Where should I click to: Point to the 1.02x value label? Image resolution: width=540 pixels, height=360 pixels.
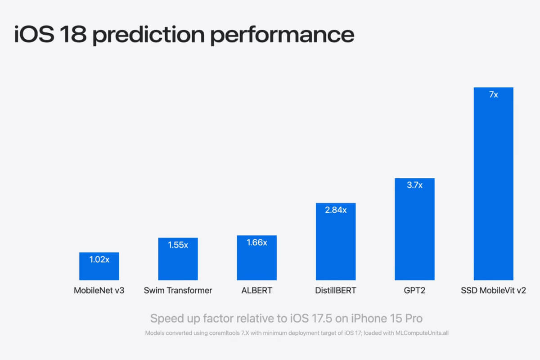pyautogui.click(x=99, y=260)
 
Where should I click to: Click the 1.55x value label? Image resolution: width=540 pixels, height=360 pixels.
pyautogui.click(x=178, y=245)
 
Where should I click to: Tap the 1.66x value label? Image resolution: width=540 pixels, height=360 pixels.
pyautogui.click(x=256, y=243)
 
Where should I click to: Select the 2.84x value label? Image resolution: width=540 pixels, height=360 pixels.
pyautogui.click(x=336, y=210)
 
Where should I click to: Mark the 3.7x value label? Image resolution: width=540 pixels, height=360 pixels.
pyautogui.click(x=414, y=185)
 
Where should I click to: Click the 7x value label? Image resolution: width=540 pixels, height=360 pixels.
pyautogui.click(x=493, y=95)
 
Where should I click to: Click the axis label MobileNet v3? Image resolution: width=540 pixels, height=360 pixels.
pyautogui.click(x=99, y=290)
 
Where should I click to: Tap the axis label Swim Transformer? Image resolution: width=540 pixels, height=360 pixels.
pyautogui.click(x=178, y=290)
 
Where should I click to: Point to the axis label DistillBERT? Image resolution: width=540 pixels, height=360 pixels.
pyautogui.click(x=336, y=290)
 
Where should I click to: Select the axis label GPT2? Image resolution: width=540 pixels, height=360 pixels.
pyautogui.click(x=414, y=290)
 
